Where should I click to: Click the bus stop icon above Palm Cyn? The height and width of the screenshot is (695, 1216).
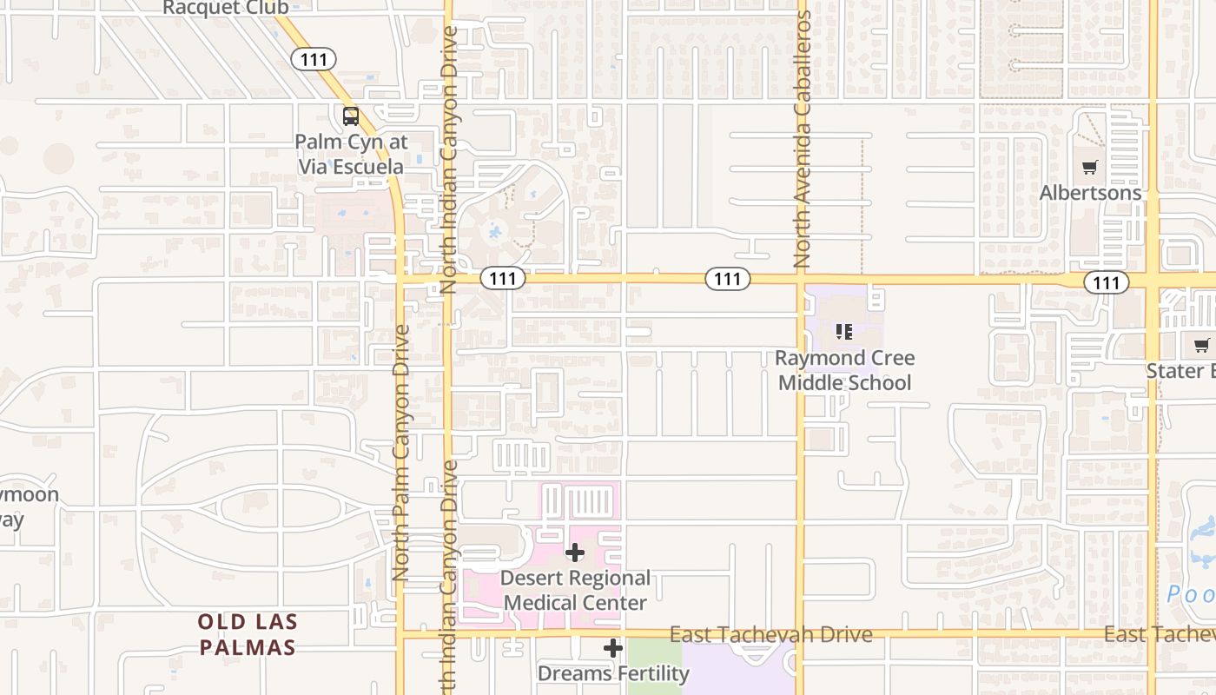pos(351,116)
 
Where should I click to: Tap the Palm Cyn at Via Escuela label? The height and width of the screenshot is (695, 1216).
pos(351,154)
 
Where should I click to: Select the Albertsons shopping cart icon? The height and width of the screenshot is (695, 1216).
pos(1090,167)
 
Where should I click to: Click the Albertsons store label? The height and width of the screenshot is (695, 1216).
pos(1090,193)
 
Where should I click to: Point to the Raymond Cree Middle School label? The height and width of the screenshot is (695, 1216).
pos(844,370)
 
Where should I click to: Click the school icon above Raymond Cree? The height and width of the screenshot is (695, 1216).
pos(844,331)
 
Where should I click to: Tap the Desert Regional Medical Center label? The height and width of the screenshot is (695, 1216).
pos(575,590)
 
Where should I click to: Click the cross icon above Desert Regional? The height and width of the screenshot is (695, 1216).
pos(575,553)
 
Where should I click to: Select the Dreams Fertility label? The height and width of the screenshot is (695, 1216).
pos(613,673)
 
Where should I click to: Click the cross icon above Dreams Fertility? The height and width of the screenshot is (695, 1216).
pos(613,648)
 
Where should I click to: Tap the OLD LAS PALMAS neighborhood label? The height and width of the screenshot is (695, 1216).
pos(248,634)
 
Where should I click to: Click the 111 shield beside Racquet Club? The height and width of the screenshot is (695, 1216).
pos(313,59)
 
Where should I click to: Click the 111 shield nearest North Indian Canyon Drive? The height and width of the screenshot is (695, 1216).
pos(503,279)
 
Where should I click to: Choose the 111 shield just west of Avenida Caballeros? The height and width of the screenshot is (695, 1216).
pos(727,279)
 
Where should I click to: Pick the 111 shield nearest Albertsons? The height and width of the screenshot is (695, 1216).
pos(1106,281)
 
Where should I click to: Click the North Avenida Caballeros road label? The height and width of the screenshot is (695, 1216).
pos(802,139)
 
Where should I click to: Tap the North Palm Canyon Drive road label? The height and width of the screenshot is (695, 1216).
pos(400,452)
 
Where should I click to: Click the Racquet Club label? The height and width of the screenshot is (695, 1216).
pos(226,8)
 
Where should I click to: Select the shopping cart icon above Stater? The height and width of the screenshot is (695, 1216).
pos(1202,346)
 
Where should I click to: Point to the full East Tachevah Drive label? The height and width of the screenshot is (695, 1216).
pos(770,634)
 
